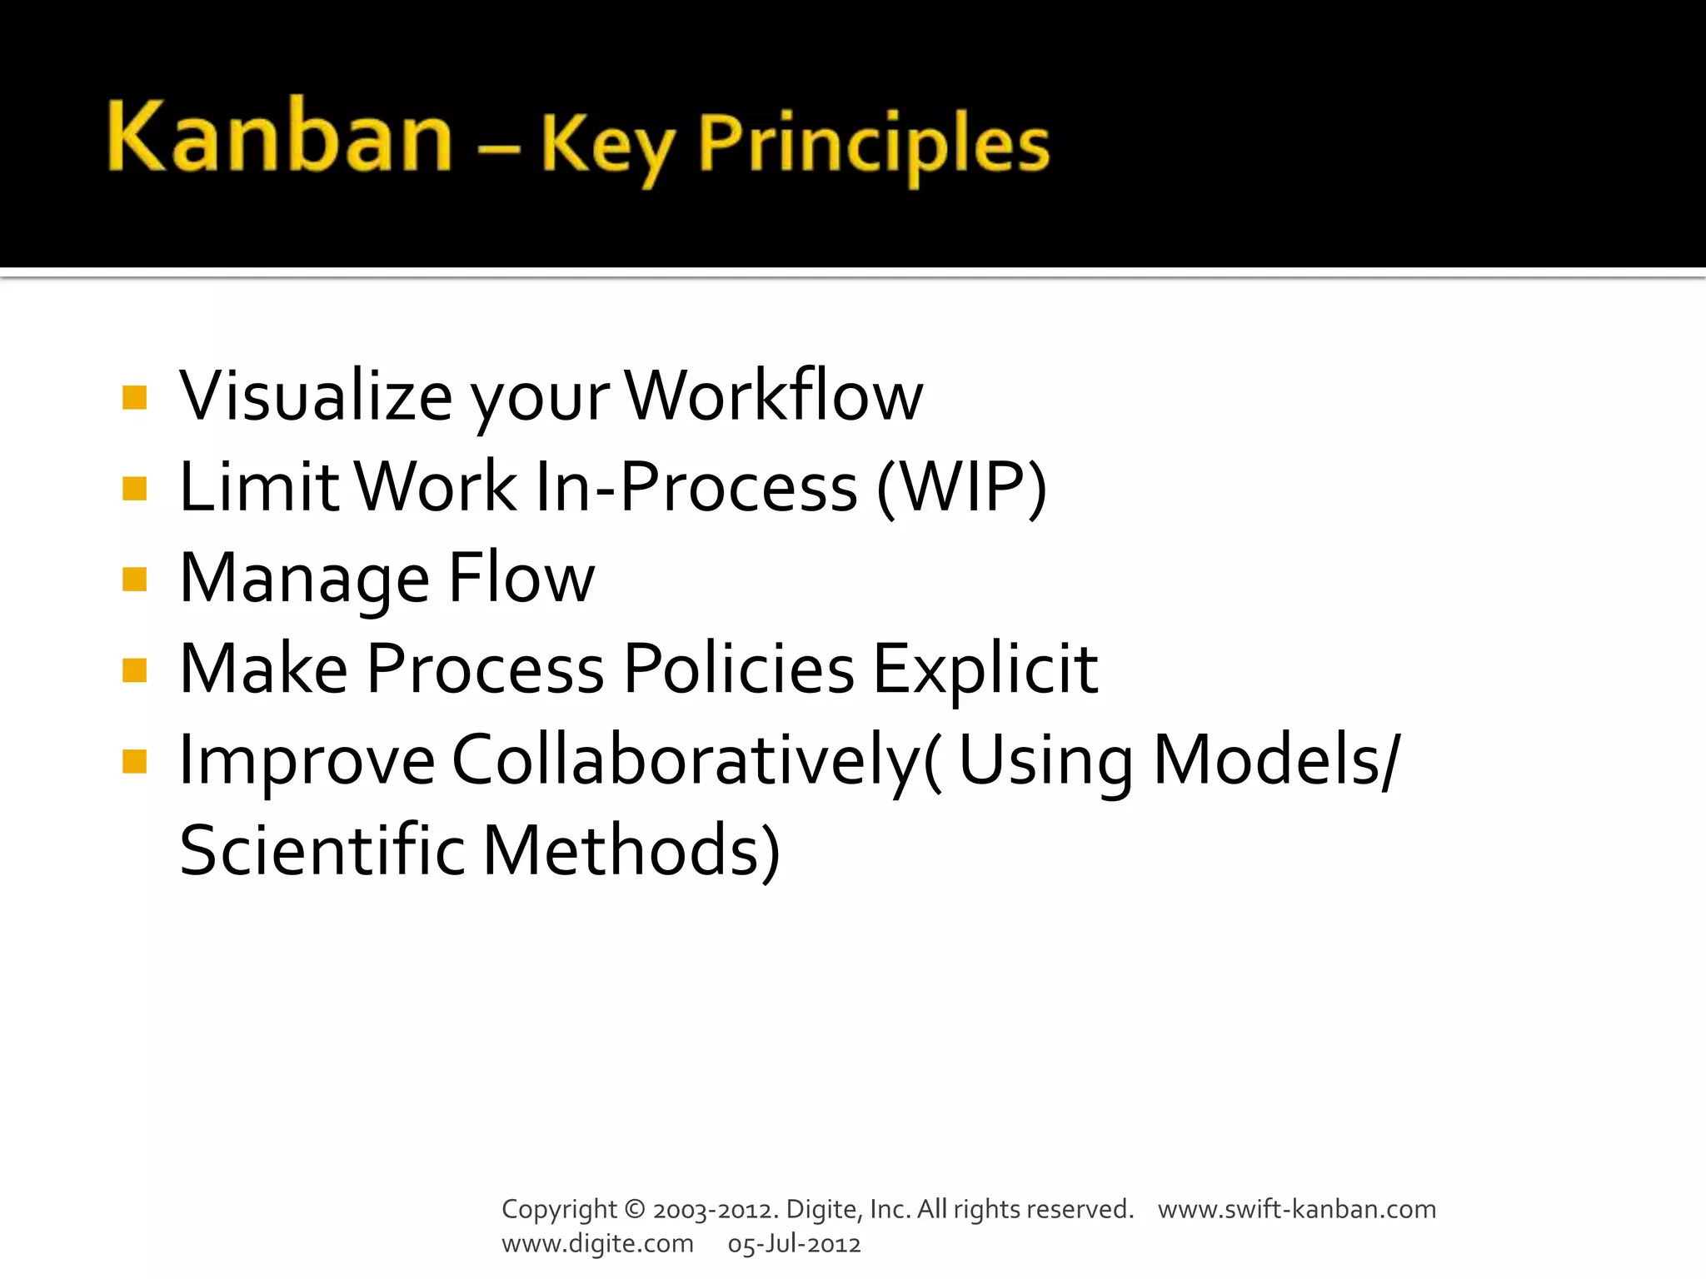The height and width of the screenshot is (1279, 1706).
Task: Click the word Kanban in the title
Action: click(x=279, y=137)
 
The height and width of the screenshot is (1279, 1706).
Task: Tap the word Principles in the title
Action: click(x=874, y=145)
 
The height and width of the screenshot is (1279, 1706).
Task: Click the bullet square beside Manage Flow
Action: click(x=134, y=579)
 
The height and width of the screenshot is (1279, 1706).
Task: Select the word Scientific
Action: click(x=322, y=851)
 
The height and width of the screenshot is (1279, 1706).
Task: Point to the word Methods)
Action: click(x=631, y=851)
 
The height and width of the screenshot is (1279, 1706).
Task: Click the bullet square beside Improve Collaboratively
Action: click(x=134, y=761)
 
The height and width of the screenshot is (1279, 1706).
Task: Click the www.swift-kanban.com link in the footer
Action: click(x=1297, y=1209)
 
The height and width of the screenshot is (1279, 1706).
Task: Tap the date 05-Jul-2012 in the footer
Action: click(x=794, y=1244)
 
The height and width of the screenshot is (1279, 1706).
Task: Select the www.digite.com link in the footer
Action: click(x=597, y=1244)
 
